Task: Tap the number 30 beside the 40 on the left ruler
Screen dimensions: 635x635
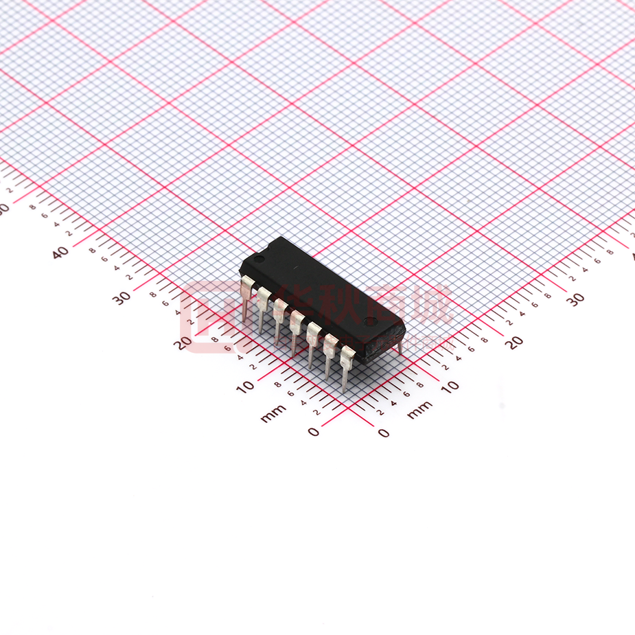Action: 122,298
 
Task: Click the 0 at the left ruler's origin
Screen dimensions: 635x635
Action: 314,432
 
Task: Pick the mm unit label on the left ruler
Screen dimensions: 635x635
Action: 273,413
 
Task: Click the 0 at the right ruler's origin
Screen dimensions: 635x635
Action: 383,432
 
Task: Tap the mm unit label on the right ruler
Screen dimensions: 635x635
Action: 420,410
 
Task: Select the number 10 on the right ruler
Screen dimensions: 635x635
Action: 450,386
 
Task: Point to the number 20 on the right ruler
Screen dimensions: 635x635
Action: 514,342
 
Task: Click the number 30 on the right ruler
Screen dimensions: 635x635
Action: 575,298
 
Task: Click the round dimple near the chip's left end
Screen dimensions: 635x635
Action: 260,259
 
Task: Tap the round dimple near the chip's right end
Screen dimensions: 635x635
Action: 369,321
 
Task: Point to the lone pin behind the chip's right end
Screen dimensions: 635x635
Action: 400,346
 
